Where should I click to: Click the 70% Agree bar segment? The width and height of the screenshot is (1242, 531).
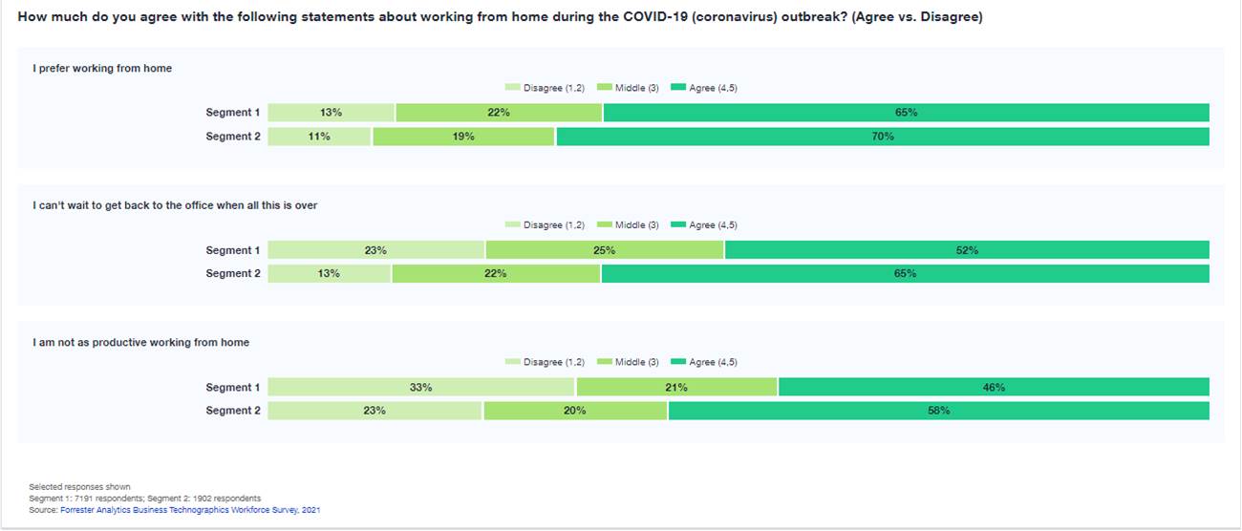click(x=883, y=137)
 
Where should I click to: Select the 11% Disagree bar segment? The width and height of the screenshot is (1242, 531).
click(x=319, y=137)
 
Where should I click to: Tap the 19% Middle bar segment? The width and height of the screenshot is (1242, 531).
click(x=463, y=137)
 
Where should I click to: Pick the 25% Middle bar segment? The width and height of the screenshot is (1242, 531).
click(x=605, y=250)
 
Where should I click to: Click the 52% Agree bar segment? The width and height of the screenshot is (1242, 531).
click(x=967, y=250)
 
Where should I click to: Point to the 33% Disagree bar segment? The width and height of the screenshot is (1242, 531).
click(x=421, y=387)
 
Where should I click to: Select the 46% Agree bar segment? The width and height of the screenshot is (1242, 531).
click(x=994, y=387)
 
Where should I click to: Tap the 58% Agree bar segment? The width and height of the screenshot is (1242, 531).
click(x=939, y=411)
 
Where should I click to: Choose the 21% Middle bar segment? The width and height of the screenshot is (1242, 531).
click(x=676, y=387)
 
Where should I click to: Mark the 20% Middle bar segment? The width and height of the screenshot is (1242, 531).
click(x=575, y=411)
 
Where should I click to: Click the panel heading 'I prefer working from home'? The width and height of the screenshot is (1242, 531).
click(x=102, y=68)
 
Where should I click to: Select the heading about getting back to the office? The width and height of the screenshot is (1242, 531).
click(x=175, y=205)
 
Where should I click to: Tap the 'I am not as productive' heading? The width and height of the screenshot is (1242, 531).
click(x=140, y=342)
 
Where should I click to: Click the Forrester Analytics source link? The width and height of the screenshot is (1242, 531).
click(x=190, y=510)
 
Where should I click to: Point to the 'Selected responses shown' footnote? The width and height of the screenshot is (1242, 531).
click(x=80, y=487)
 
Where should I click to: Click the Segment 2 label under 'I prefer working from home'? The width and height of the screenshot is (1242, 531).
click(x=233, y=137)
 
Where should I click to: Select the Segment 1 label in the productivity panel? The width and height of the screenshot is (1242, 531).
click(x=233, y=387)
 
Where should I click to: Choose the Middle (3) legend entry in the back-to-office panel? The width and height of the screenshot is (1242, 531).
click(x=629, y=224)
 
